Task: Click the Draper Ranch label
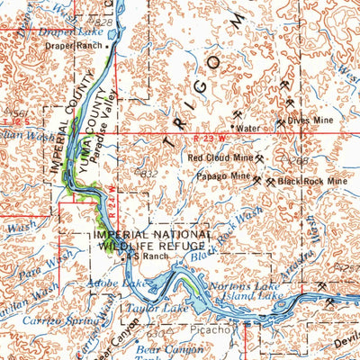76,44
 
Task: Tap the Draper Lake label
68,31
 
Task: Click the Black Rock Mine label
311,181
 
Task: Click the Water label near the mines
247,128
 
